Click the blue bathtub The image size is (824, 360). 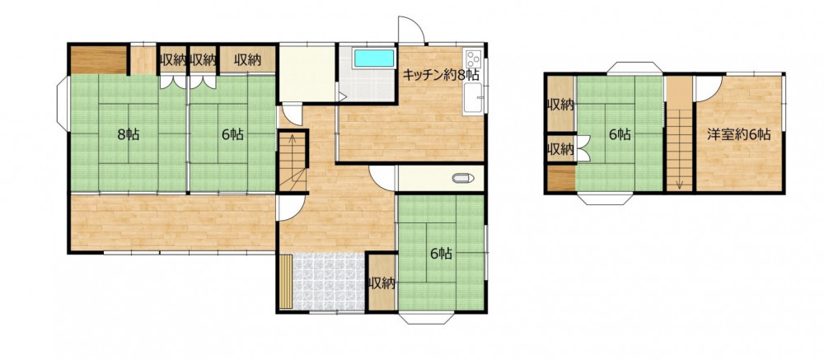coord(374,58)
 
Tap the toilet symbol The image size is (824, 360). coord(463,178)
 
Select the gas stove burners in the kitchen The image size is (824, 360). coord(473,58)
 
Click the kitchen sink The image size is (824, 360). coord(473,99)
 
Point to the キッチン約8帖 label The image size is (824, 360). coord(441,75)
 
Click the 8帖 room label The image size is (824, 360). coord(129,134)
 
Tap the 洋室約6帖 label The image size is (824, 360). coord(738,134)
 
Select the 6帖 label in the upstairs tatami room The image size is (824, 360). coord(620,134)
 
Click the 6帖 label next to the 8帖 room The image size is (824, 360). coord(232,134)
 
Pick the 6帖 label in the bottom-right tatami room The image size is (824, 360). coord(442,254)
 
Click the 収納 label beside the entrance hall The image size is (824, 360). coord(381,283)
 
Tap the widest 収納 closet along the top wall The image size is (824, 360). coord(247,60)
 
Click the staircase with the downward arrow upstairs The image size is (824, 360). coord(679,134)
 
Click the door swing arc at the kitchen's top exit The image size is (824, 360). coord(411,30)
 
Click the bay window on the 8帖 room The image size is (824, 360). coord(62,104)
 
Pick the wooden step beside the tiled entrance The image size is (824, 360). coord(285,282)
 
